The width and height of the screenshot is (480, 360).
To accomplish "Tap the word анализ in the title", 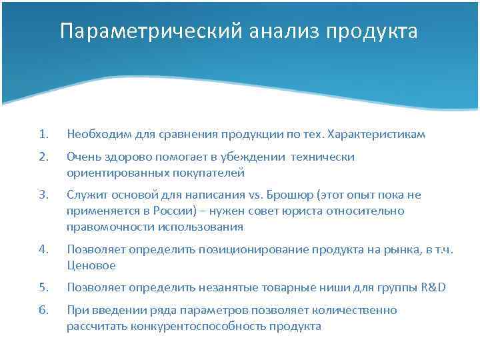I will pos(280,32).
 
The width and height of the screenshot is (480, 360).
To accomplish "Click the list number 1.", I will pos(43,135).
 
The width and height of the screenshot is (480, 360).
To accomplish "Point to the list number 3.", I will pos(43,195).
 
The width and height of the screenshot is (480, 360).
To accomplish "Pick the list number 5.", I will pos(43,288).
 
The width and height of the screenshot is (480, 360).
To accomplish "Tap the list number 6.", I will pos(43,311).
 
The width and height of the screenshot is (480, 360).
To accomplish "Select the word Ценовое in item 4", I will pos(91,265).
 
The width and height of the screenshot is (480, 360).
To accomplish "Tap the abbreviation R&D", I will pos(433,288).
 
